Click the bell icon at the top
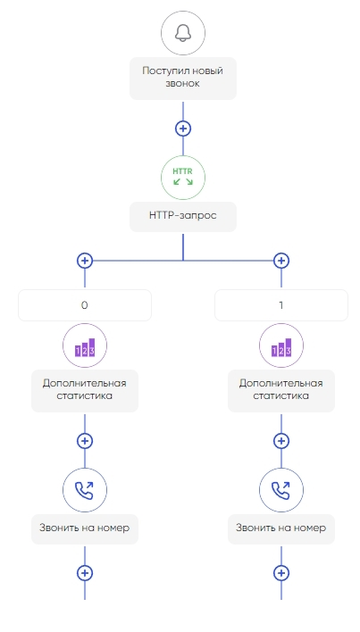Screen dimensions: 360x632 183,33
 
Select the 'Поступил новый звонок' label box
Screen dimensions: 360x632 183,79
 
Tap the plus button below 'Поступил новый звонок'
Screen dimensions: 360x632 183,129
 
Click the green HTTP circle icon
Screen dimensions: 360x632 183,178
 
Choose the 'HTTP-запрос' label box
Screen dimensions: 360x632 183,216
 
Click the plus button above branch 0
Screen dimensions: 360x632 85,261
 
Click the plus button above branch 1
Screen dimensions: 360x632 281,261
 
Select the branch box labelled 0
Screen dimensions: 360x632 85,305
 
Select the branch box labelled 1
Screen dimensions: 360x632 281,305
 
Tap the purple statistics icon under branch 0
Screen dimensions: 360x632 85,345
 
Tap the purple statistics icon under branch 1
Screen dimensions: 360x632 281,345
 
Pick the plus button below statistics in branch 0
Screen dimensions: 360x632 85,441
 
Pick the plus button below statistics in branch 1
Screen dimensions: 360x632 281,441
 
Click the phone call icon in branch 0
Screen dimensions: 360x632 85,490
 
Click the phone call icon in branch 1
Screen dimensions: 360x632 281,490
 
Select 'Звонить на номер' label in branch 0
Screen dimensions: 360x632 85,528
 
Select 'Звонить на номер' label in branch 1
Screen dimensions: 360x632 281,528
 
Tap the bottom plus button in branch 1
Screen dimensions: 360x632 281,573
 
